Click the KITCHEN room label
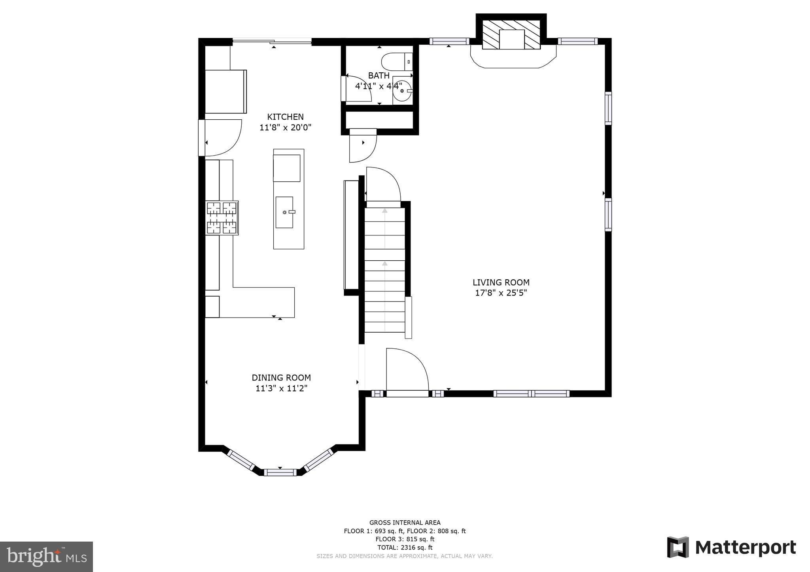pos(285,117)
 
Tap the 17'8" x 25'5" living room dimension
pos(501,293)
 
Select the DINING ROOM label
pos(281,378)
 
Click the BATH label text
pos(379,75)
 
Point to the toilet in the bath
pos(396,62)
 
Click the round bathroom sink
pos(403,91)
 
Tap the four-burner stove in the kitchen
pos(221,218)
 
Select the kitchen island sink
pos(284,212)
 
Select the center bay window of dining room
pos(280,472)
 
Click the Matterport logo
pos(731,547)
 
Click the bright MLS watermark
pos(46,557)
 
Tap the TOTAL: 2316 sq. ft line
pos(405,548)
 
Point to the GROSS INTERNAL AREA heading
pos(405,523)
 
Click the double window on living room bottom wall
pos(531,393)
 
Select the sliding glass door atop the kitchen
pos(272,41)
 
